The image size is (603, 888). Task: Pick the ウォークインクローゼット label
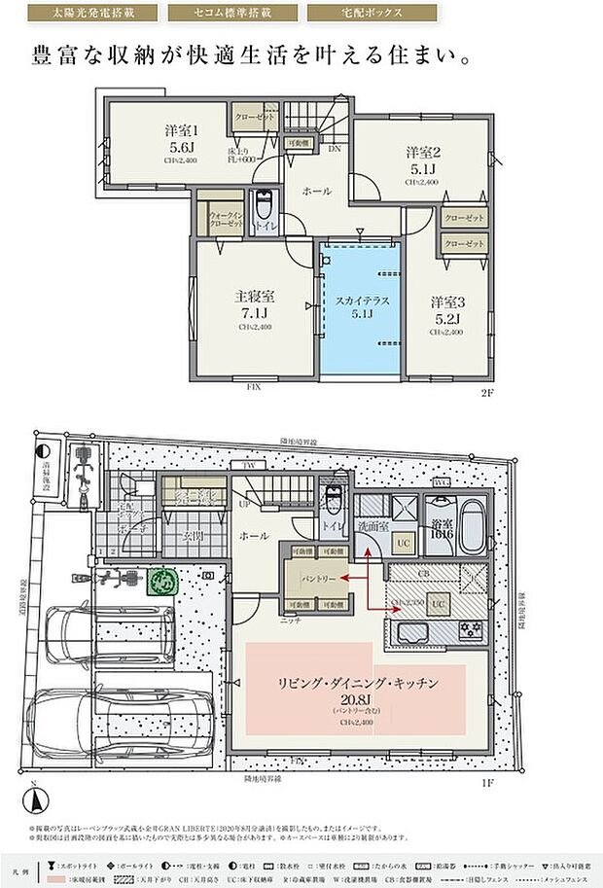(x=221, y=220)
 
